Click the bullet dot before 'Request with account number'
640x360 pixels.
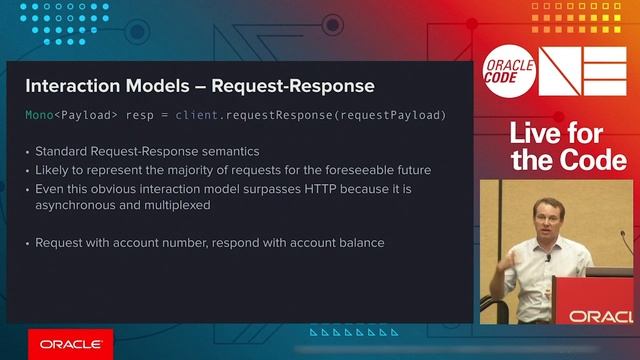click(27, 243)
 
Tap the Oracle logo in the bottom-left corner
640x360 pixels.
click(70, 344)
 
